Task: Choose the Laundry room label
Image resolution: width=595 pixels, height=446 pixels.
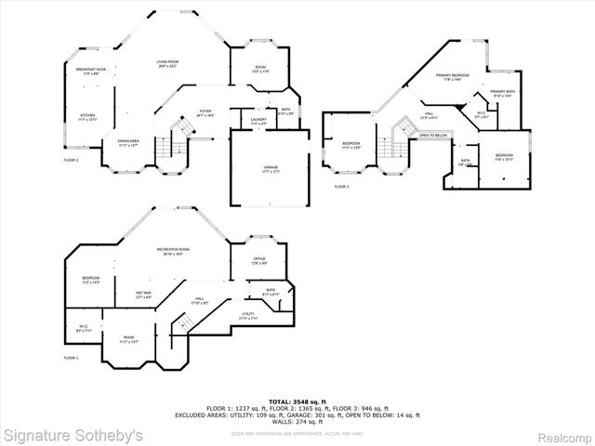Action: pos(259,120)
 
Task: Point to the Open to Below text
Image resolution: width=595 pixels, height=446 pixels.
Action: pos(432,136)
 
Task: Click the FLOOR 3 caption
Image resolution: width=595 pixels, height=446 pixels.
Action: pos(342,187)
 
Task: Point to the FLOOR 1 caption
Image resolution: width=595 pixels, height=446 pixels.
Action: pos(71,358)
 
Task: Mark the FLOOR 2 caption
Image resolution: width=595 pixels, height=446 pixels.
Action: pos(71,160)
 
